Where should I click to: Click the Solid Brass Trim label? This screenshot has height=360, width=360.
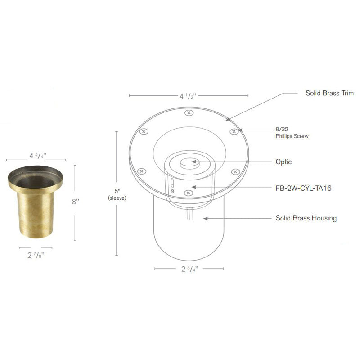[329, 94]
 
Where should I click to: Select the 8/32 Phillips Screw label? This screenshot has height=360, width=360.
[292, 132]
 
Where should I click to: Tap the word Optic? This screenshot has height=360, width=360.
[283, 162]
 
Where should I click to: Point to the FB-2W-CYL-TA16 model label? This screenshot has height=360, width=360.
[303, 188]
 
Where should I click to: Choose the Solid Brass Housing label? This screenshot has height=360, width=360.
[306, 218]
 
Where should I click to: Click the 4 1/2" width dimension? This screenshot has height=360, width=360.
[189, 96]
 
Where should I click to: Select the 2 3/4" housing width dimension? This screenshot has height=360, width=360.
[189, 269]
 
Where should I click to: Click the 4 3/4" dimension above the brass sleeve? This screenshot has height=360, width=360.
[38, 156]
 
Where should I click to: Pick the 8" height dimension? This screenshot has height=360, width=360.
[75, 201]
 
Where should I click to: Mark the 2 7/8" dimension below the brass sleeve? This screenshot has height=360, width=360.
[36, 255]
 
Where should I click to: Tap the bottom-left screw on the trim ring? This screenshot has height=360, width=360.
[141, 171]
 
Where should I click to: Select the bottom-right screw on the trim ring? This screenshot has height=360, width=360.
[234, 171]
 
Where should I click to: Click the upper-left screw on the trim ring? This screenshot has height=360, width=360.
[143, 131]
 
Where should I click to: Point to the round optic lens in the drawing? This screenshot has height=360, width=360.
[189, 162]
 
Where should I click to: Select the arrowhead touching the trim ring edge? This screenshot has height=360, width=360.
[229, 119]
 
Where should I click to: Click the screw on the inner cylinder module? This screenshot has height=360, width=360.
[187, 193]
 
